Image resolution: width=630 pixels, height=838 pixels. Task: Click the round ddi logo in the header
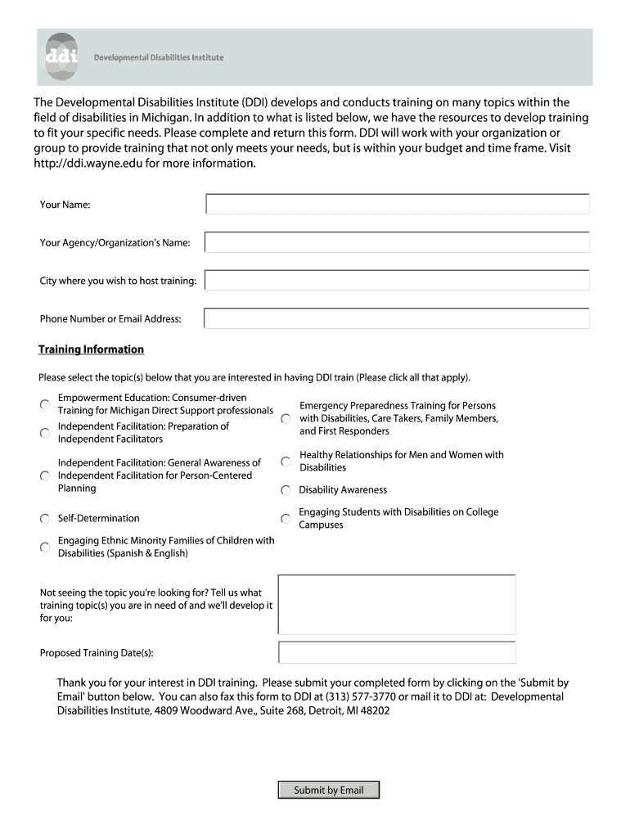[x=61, y=56]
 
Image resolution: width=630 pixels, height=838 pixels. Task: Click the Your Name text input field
[x=397, y=204]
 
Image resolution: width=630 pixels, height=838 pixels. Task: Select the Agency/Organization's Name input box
[x=397, y=242]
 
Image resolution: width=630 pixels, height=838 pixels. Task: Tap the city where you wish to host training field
[x=397, y=281]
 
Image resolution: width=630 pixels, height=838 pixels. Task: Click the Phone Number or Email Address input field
[x=397, y=318]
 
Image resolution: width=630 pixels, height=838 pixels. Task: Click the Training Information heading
[x=91, y=349]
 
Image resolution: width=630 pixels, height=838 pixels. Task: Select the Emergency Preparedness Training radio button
[x=286, y=419]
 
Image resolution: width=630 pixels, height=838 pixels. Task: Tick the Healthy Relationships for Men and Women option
[x=286, y=462]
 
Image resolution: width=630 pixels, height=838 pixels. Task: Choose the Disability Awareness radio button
[x=286, y=490]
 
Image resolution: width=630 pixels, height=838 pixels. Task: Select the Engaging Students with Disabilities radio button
[x=286, y=519]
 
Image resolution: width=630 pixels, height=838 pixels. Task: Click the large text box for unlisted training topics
[x=397, y=604]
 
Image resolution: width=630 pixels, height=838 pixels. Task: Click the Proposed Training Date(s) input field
[x=397, y=652]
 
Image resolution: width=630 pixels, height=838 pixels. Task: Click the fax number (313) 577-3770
[x=360, y=696]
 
